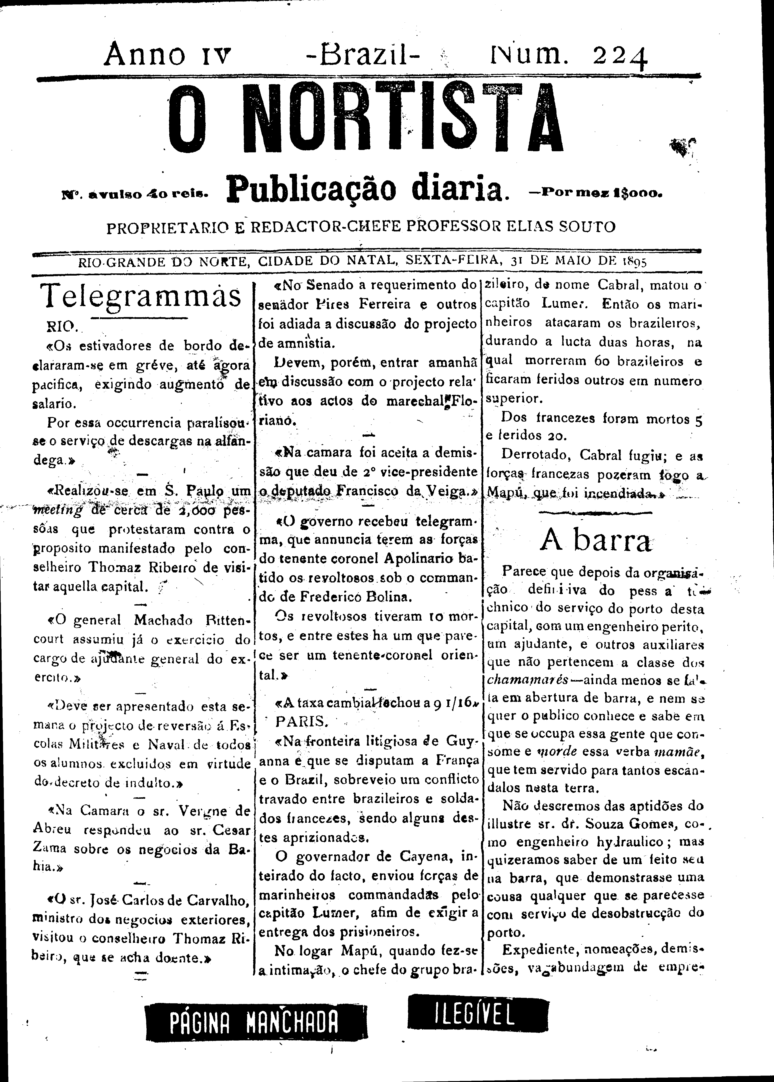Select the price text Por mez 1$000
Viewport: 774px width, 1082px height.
(594, 194)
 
